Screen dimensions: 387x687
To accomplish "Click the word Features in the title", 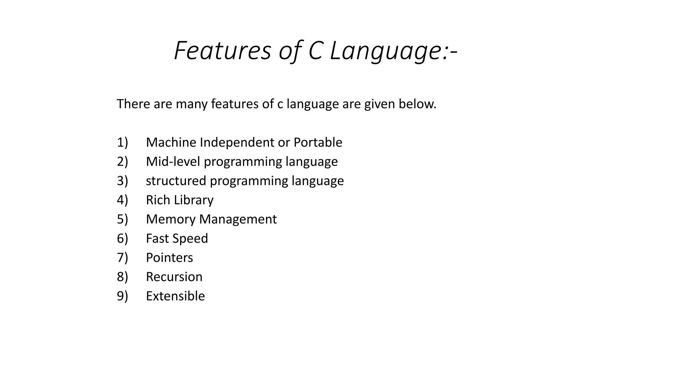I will pos(222,51).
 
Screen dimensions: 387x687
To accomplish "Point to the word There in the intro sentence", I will pos(133,104).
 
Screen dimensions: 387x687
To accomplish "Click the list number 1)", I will pos(122,142).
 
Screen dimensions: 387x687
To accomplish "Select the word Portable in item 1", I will pos(318,142).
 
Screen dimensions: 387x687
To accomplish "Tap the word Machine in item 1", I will pos(171,142).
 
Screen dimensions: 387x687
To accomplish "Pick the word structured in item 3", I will pos(176,181).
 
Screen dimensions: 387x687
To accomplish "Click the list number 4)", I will pos(122,200).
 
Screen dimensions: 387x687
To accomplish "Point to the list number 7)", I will pos(122,258).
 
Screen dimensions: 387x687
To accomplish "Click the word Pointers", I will pos(169,258).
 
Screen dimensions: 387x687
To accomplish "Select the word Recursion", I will pos(174,277).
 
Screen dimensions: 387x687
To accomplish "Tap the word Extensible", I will pos(175,296).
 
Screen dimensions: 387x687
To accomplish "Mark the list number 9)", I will pos(122,296).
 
